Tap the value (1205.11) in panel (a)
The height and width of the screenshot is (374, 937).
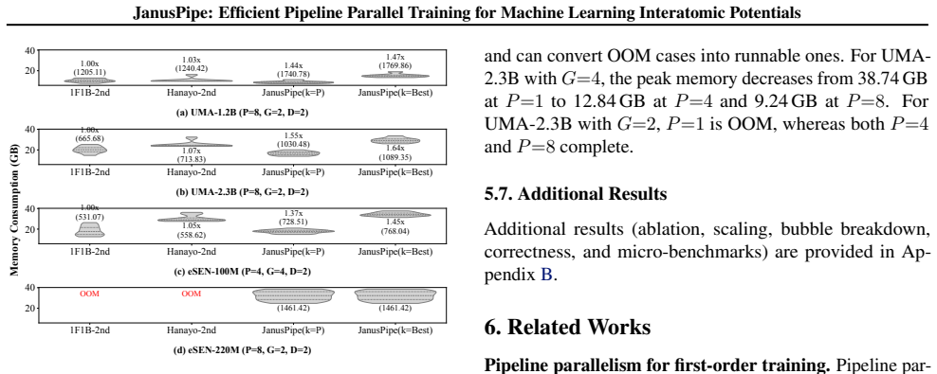tap(90, 72)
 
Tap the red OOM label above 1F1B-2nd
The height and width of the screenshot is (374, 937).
tap(90, 294)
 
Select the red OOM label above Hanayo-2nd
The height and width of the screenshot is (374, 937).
tap(192, 294)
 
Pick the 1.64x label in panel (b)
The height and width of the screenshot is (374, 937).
tap(395, 149)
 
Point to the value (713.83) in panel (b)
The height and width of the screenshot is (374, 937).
tap(192, 159)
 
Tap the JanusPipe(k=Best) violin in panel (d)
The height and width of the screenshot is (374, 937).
tap(395, 296)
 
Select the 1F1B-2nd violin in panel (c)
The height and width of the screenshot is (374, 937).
tap(90, 229)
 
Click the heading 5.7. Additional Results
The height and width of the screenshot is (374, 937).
tap(575, 194)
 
